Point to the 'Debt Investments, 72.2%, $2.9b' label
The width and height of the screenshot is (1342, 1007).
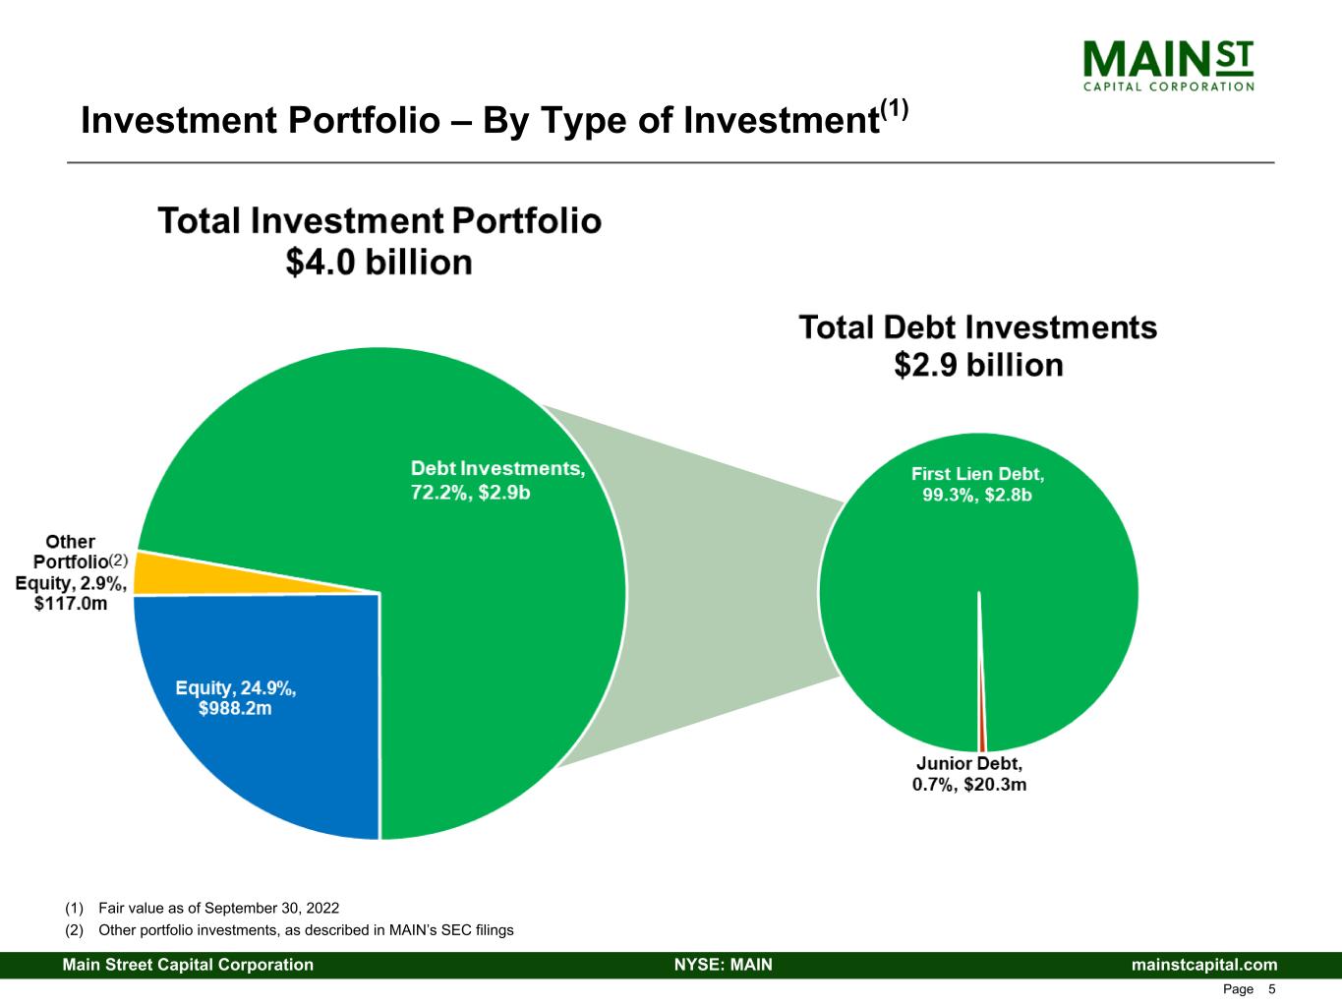[497, 480]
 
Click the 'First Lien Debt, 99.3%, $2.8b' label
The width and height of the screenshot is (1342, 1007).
[977, 484]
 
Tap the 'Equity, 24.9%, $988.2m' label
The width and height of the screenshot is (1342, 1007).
[236, 698]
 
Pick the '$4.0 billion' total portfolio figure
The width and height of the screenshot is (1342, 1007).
[379, 263]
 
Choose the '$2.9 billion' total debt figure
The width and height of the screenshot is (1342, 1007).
[978, 366]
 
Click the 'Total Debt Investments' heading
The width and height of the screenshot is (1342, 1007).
[978, 327]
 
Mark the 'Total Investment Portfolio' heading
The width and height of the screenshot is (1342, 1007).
[379, 220]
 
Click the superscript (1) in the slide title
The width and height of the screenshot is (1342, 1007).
[894, 108]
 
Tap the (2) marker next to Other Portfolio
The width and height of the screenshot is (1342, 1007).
[118, 561]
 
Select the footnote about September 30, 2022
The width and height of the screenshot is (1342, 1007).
[208, 908]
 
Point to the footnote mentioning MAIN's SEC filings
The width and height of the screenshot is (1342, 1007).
[295, 929]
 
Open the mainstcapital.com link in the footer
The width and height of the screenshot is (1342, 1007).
[1204, 965]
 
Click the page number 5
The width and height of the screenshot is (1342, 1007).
[1272, 989]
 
